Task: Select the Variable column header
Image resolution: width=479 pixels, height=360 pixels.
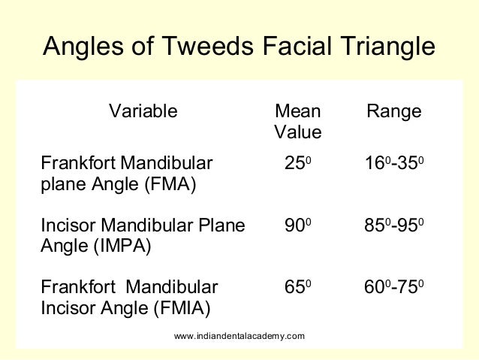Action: click(x=143, y=112)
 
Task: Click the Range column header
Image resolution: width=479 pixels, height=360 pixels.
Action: click(x=394, y=112)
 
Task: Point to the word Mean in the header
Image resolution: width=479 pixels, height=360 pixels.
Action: click(x=298, y=112)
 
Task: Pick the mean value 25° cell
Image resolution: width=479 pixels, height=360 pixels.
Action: click(x=297, y=162)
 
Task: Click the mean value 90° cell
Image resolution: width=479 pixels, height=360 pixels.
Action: click(x=297, y=225)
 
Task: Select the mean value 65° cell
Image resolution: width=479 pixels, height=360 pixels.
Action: click(x=297, y=287)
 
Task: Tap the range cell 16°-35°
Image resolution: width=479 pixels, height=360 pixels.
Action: click(x=393, y=162)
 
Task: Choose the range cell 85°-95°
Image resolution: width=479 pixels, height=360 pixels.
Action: click(x=393, y=225)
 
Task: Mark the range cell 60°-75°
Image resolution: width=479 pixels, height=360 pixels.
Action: click(x=393, y=287)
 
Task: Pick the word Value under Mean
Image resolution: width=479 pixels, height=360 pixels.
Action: click(x=298, y=133)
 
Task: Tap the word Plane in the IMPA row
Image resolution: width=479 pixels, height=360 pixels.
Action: click(x=222, y=225)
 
